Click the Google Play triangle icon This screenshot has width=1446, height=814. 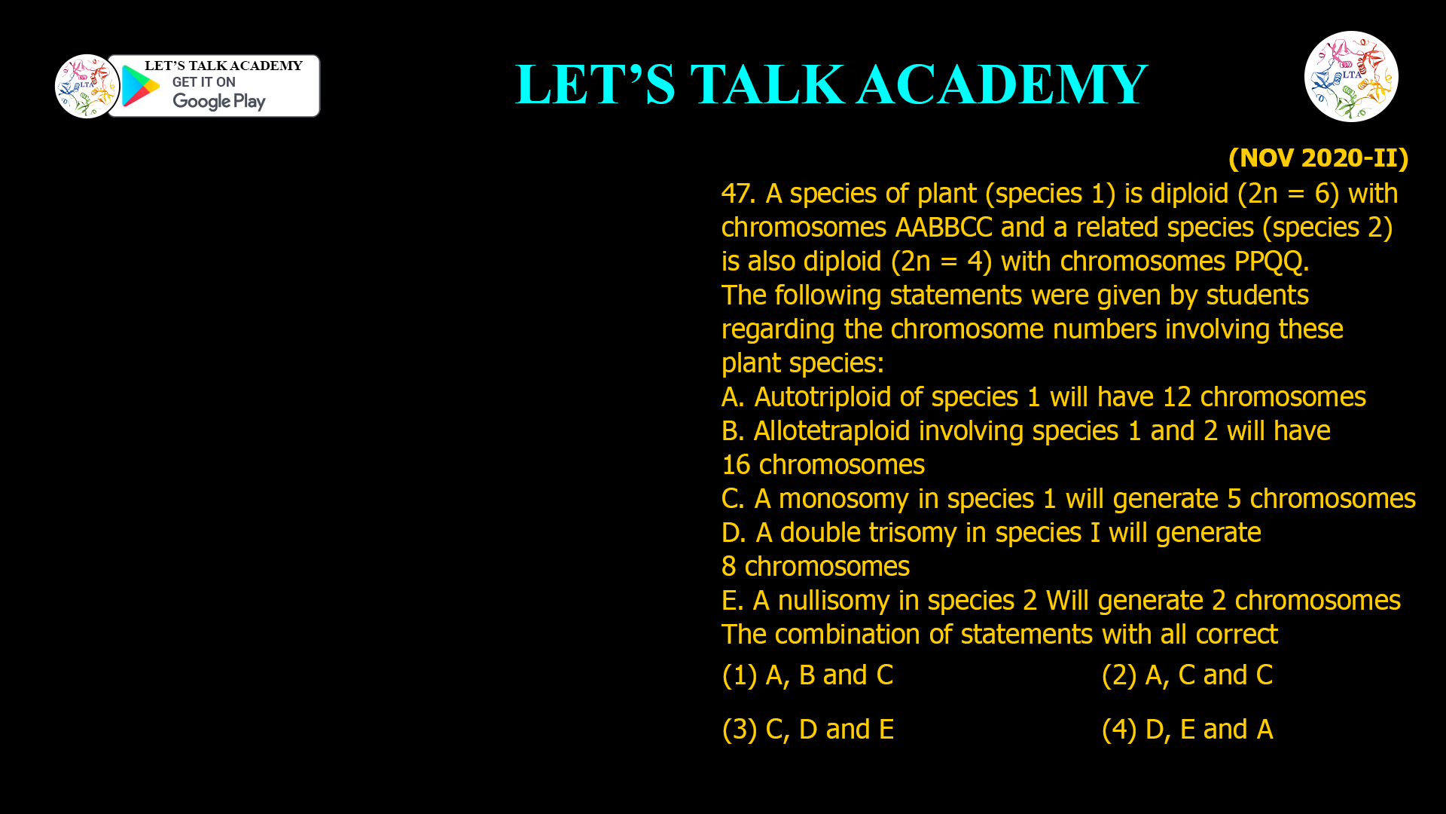tap(140, 87)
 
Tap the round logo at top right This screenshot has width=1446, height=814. tap(1351, 76)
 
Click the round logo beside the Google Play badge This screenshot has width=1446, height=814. tap(87, 86)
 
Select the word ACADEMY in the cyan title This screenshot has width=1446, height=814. tap(1002, 84)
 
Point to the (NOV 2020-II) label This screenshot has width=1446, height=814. tap(1318, 158)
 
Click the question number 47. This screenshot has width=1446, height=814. tap(737, 194)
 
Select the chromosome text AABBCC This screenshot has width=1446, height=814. tap(944, 228)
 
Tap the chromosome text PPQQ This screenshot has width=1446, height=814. tap(1271, 262)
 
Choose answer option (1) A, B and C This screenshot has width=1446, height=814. tap(807, 675)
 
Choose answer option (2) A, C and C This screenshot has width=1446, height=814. tap(1187, 675)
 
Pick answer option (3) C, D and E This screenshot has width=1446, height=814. tap(807, 730)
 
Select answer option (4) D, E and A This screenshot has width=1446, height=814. tap(1187, 730)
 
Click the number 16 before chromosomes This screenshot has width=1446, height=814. tap(736, 465)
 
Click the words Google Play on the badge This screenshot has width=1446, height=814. tap(218, 101)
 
